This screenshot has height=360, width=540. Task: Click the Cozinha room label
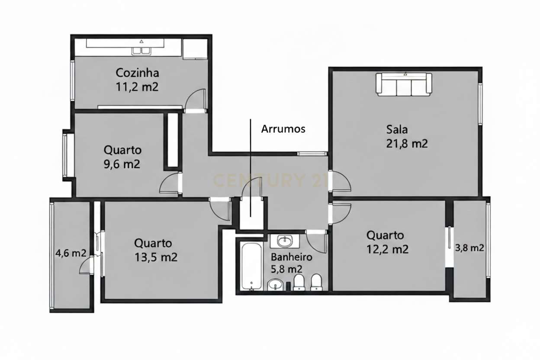coord(137,72)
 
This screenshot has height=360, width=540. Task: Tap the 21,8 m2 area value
coord(407,144)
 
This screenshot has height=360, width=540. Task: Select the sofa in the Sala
coord(404,84)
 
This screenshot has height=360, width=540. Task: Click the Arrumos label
coord(283,129)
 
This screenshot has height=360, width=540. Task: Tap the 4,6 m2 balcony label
coord(71,254)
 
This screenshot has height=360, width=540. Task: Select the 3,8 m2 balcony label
coord(469,248)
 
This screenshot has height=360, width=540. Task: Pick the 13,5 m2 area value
coord(156,257)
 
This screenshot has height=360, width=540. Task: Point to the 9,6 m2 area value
coord(122,164)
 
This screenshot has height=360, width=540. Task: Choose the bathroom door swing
coord(316,242)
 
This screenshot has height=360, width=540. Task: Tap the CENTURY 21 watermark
coord(268,180)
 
